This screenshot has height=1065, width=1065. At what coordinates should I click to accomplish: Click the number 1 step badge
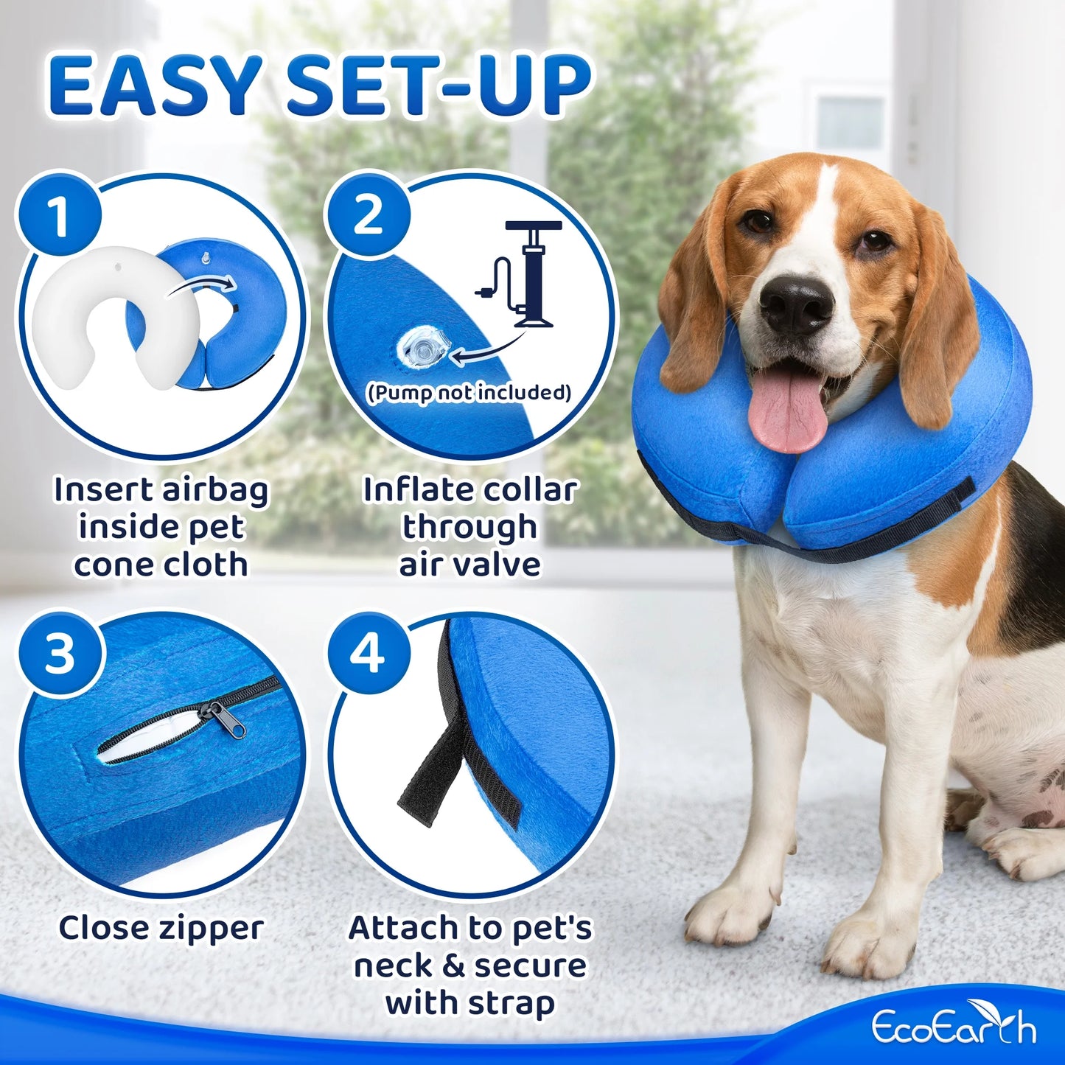(x=59, y=215)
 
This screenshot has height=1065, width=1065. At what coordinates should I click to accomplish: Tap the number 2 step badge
(x=368, y=215)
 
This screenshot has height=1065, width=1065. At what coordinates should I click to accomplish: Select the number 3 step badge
(x=59, y=652)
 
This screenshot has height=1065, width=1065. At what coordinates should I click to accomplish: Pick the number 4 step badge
(x=368, y=652)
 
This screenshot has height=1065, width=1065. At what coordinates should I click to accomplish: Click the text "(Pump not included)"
(x=469, y=392)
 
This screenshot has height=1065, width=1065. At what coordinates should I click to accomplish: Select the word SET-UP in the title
(x=439, y=86)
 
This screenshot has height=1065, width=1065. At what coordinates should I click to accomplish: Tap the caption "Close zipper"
(x=161, y=928)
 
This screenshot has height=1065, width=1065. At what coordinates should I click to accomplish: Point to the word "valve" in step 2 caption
(x=500, y=565)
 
